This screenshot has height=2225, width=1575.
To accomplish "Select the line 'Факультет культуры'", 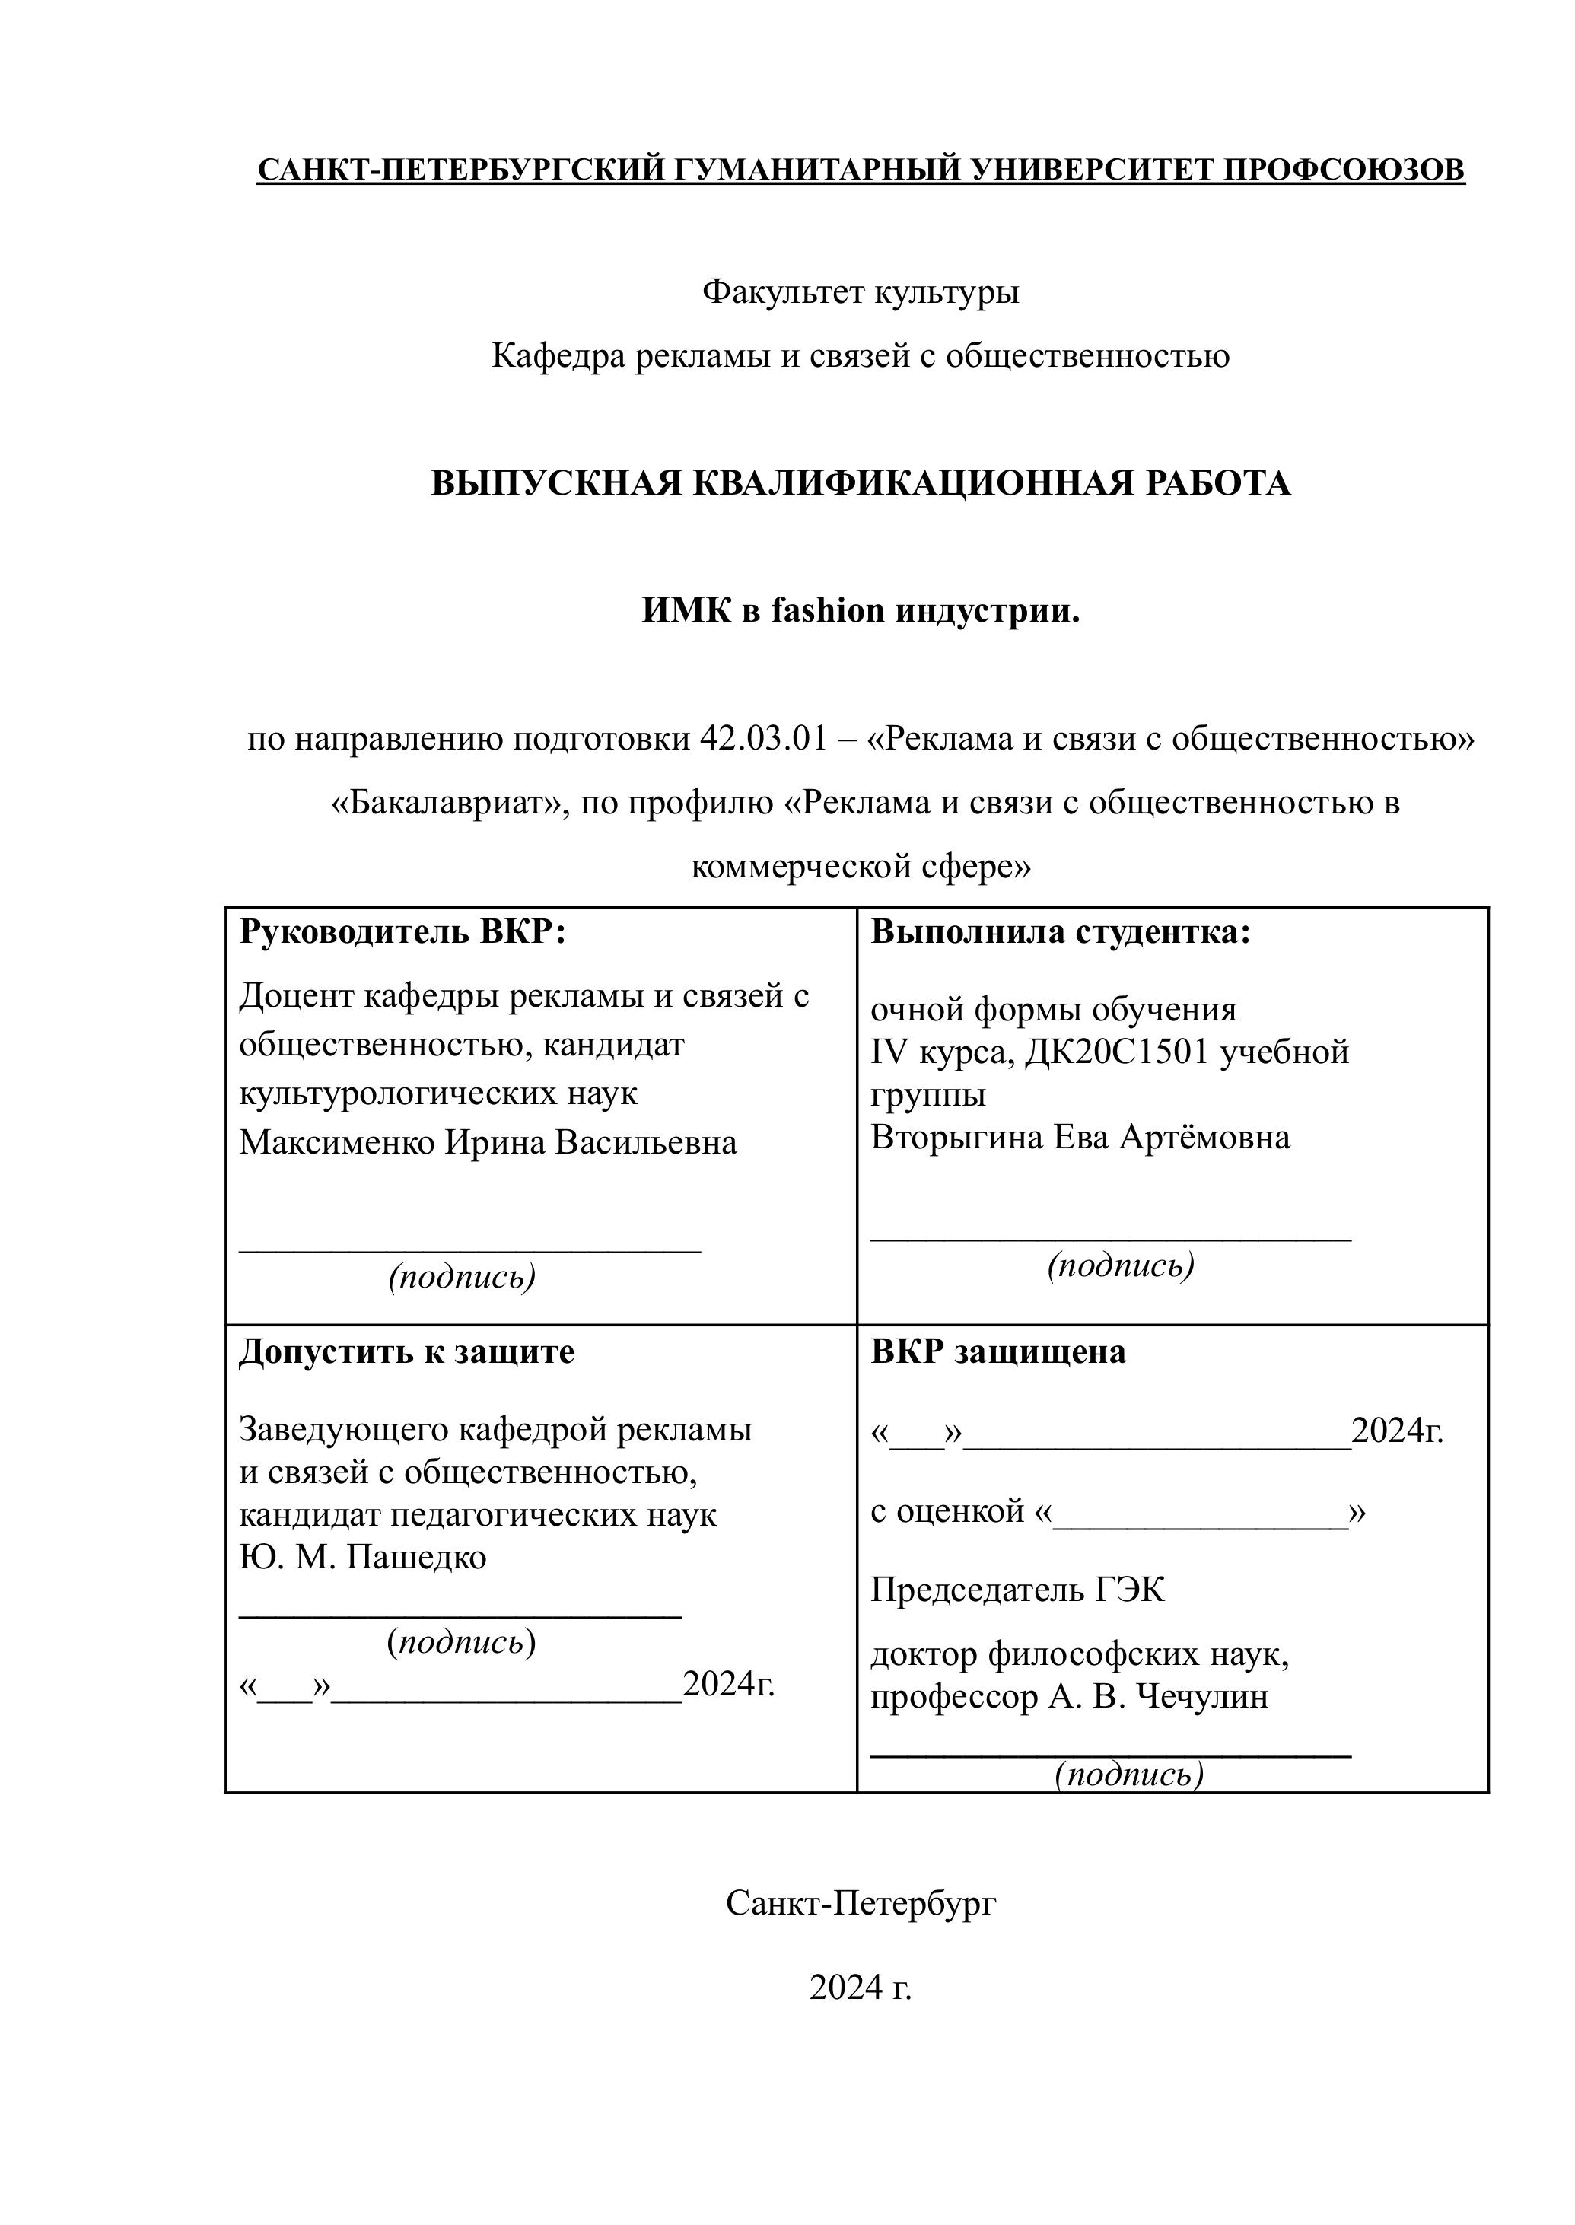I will (x=861, y=291).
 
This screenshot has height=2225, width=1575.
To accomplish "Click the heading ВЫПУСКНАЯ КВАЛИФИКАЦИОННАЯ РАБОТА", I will (x=861, y=483).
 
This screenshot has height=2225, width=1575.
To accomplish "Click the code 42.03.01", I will (x=763, y=739).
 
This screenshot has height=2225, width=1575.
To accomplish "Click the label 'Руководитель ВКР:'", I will (x=402, y=932).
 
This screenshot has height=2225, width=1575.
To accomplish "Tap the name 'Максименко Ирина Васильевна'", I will (x=488, y=1143).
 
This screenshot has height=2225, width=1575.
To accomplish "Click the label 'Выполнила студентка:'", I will (x=1061, y=932).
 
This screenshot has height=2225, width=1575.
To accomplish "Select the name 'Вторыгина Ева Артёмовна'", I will (x=1080, y=1137).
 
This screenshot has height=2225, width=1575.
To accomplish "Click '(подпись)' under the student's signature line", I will (x=1120, y=1265).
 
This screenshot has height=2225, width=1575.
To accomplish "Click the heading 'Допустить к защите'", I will (x=406, y=1352).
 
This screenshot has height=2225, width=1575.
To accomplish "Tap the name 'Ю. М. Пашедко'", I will (x=363, y=1557).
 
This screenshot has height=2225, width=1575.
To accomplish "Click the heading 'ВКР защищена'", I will (x=998, y=1352).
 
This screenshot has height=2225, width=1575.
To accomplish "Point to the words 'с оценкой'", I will (x=947, y=1511).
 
